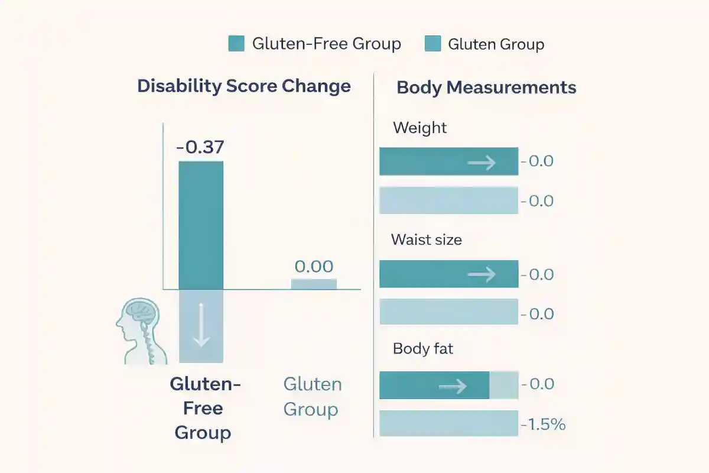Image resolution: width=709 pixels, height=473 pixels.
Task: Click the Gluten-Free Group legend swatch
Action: click(x=236, y=44)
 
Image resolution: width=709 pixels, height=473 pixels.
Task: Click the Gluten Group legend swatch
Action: click(x=432, y=44)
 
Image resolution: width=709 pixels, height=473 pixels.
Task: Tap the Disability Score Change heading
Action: click(x=244, y=86)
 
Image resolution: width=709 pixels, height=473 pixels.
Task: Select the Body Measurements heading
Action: click(x=486, y=88)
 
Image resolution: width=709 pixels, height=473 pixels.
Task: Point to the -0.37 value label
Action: click(x=201, y=147)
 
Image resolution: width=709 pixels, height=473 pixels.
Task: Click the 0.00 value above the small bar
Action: click(x=314, y=267)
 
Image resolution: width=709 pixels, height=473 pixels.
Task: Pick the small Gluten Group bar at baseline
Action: click(x=314, y=284)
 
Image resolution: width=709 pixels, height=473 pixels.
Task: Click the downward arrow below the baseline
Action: click(x=201, y=326)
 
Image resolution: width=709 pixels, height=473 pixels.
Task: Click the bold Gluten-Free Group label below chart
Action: click(x=203, y=409)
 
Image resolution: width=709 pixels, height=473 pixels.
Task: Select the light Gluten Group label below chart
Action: click(x=312, y=397)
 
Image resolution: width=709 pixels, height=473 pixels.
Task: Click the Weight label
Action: click(x=419, y=128)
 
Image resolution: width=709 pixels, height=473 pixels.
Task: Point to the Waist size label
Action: click(x=426, y=240)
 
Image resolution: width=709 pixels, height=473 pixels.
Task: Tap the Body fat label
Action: click(x=423, y=349)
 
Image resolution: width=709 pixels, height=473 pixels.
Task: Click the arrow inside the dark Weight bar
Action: click(x=482, y=162)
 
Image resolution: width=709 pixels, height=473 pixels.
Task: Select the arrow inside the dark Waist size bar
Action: click(x=482, y=274)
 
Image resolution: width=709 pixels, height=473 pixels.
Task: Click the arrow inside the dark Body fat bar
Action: click(x=453, y=386)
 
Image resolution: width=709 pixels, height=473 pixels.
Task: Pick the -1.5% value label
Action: click(x=543, y=424)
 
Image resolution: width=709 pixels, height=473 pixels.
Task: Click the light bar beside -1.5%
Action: click(x=448, y=424)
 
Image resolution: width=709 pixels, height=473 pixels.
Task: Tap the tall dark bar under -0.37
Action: click(x=201, y=225)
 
